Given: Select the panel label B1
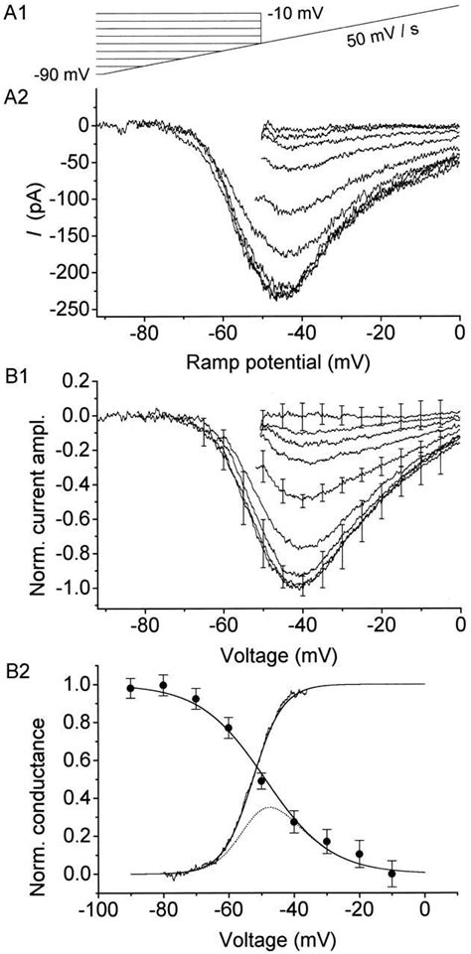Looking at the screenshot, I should click(16, 377).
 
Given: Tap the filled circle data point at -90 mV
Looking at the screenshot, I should click(130, 688).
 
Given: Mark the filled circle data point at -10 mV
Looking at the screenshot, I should click(392, 873).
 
